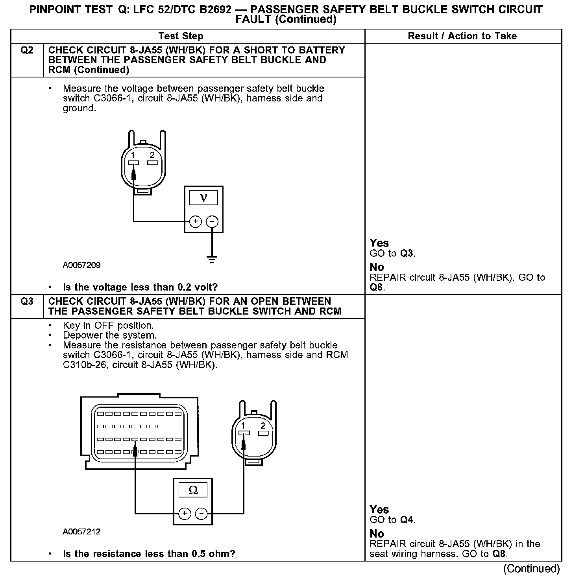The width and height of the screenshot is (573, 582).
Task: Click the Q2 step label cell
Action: (27, 51)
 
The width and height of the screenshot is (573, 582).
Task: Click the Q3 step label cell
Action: (27, 302)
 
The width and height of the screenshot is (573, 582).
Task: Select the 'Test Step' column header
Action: (181, 36)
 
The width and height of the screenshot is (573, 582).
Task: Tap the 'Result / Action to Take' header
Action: (462, 36)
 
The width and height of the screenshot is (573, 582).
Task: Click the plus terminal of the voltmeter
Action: (196, 222)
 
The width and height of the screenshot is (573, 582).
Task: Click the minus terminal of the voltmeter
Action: (212, 222)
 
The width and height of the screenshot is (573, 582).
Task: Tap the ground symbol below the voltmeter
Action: (212, 259)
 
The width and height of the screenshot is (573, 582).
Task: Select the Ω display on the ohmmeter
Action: (193, 490)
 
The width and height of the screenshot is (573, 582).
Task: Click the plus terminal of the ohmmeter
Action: (184, 514)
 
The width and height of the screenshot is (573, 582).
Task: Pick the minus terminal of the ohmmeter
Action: (201, 514)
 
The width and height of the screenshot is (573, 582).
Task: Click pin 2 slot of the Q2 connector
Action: (153, 163)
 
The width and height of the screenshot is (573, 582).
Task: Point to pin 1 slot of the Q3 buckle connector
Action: (244, 433)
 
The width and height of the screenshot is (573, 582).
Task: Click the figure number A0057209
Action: (81, 265)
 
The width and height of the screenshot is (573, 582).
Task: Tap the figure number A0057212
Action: (81, 532)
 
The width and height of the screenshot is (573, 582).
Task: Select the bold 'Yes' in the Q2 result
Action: (379, 243)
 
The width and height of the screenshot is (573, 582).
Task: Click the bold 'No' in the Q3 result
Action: (377, 534)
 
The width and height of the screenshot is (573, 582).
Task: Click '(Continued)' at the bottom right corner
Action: (531, 569)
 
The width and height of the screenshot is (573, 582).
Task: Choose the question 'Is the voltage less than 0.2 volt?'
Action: (140, 287)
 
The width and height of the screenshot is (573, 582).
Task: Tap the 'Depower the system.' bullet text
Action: (109, 335)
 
